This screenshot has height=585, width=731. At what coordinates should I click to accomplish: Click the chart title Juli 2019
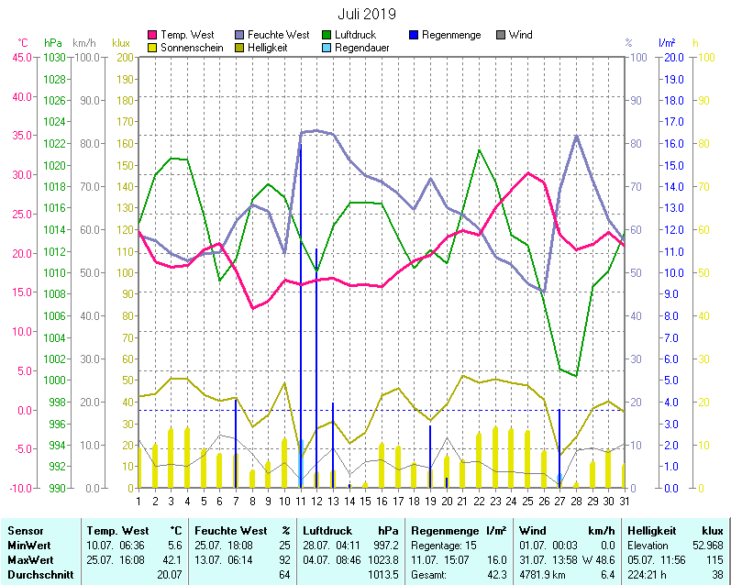366,13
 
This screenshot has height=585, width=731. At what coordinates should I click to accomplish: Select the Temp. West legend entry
187,35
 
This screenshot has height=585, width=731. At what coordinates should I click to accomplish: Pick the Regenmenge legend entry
449,35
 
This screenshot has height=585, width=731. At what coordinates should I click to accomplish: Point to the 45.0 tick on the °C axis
21,57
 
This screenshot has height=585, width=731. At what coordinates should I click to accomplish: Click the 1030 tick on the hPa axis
54,57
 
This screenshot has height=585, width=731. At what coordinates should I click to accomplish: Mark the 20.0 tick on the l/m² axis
674,57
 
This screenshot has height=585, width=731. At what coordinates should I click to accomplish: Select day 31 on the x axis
625,501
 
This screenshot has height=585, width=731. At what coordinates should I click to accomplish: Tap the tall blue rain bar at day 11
301,275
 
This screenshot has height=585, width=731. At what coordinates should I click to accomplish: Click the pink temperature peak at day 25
527,173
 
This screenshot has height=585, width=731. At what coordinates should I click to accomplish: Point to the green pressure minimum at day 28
576,376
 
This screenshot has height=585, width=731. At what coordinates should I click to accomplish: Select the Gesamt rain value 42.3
496,574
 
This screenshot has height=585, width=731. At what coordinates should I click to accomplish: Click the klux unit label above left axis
121,43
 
